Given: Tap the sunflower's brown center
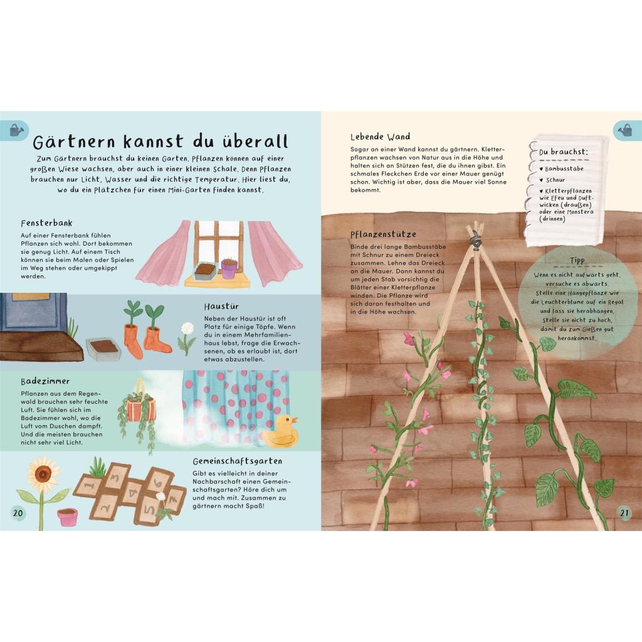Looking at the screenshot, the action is (x=43, y=474).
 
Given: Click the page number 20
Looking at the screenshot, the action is (x=18, y=513).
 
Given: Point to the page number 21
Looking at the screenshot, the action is (x=624, y=513).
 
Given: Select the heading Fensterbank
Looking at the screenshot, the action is (x=46, y=223).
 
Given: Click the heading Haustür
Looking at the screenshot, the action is (x=221, y=306).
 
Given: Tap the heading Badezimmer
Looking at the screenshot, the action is (x=45, y=381).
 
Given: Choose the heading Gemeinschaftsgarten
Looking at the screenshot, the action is (x=238, y=461).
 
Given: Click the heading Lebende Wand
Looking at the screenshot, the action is (x=381, y=136).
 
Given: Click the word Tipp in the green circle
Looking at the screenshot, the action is (x=577, y=260).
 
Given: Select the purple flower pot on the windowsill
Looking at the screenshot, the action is (x=229, y=268).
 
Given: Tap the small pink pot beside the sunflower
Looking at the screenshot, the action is (x=68, y=517).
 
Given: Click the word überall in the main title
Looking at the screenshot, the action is (x=256, y=141).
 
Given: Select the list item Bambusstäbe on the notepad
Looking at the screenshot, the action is (x=564, y=169).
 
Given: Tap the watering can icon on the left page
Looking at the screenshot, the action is (x=16, y=130).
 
